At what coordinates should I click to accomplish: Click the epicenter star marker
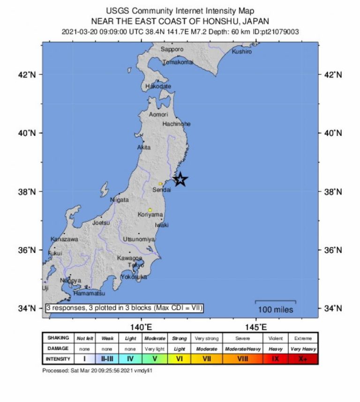pos(180,179)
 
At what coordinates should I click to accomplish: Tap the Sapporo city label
pos(172,49)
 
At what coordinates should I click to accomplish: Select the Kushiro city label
pos(241,52)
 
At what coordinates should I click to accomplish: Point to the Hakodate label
pos(158,87)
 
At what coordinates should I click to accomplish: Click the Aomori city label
pos(157,114)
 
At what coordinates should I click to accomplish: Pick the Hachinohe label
pos(176,124)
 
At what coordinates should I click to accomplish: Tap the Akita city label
pos(144,148)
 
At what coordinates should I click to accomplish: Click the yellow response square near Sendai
pos(160,184)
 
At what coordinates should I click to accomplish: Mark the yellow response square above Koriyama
pos(150,209)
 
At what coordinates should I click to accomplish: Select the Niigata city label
pos(119,200)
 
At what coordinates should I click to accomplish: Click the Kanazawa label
pos(64,239)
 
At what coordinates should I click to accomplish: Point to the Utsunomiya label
pos(139,239)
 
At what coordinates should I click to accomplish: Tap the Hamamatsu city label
pos(89,293)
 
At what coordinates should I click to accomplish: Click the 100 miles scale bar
pos(275,302)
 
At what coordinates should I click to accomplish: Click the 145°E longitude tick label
pos(256,327)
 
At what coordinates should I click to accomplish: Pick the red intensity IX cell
pos(276,359)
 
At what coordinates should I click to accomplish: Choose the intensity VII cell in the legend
pos(207,359)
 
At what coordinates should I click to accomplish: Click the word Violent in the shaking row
pos(276,338)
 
